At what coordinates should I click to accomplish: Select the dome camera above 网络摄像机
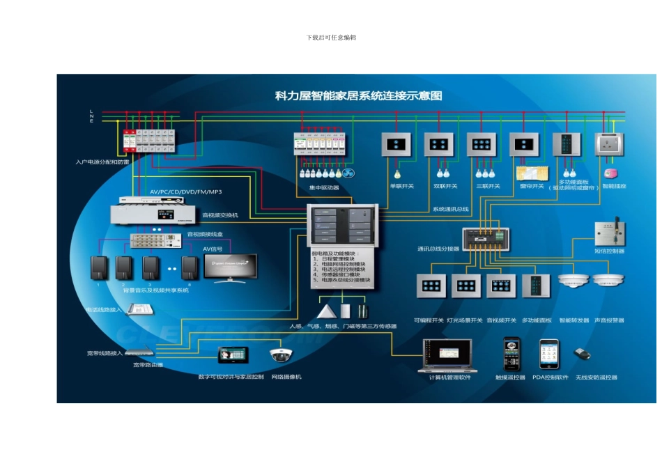click(282, 354)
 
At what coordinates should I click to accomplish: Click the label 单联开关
click(401, 186)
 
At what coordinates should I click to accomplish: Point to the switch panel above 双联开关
click(440, 144)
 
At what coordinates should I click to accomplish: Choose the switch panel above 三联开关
click(482, 144)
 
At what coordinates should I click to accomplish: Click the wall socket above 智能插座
click(610, 144)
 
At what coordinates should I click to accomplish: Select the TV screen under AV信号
click(230, 267)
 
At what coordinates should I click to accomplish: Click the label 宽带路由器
click(148, 364)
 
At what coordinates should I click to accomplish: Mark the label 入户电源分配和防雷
click(103, 162)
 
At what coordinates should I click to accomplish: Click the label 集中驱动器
click(324, 187)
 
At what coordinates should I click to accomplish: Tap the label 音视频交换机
click(220, 215)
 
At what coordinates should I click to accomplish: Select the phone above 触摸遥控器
click(512, 354)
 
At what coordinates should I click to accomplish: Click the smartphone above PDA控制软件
click(549, 354)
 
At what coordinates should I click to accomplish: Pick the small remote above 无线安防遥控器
click(583, 354)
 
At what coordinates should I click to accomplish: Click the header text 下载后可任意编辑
click(331, 37)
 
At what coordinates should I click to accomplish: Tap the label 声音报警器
click(610, 320)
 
